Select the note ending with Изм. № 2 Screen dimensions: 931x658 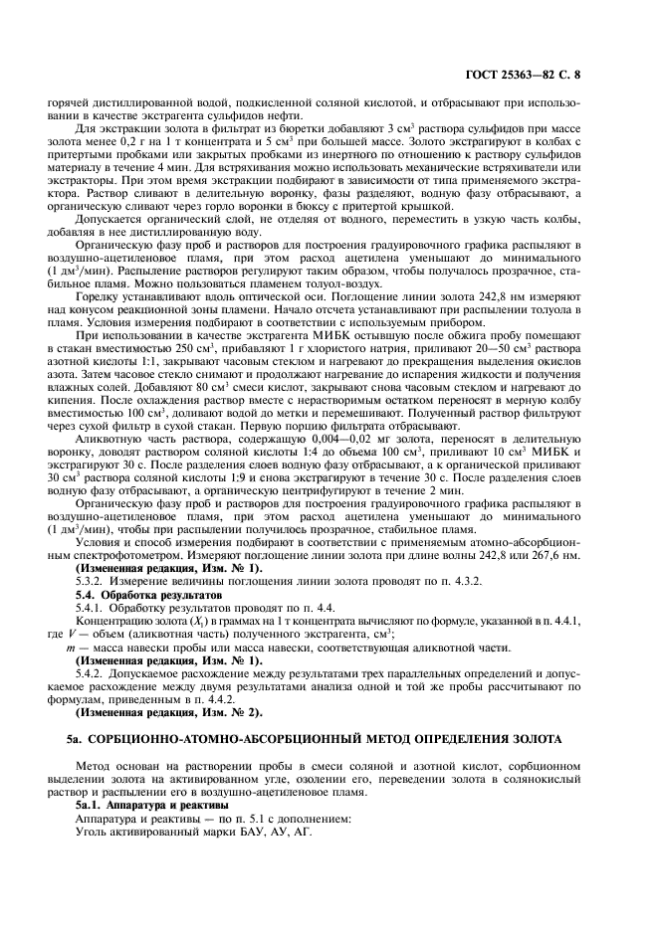169,711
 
